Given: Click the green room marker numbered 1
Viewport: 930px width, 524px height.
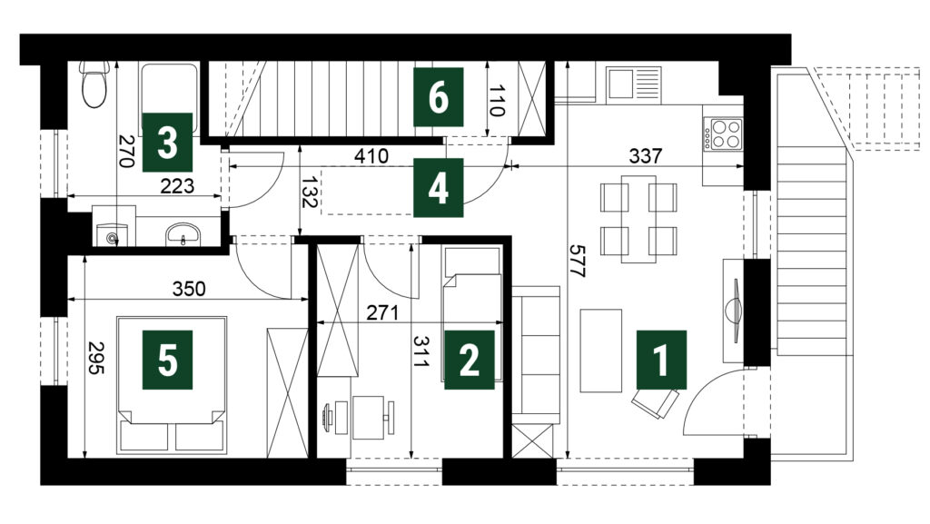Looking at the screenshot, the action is click(x=661, y=360).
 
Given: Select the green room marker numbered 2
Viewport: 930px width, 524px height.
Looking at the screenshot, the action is click(x=470, y=360).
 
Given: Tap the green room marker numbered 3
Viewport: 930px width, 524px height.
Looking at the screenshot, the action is click(x=167, y=143).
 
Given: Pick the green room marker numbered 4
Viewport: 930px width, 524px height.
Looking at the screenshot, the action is click(x=439, y=187).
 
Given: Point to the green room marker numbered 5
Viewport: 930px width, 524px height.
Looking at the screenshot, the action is click(x=167, y=360).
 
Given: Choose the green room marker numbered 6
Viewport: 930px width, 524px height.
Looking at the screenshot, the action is click(x=439, y=97).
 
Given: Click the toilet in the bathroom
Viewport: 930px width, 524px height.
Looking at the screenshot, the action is click(x=94, y=84).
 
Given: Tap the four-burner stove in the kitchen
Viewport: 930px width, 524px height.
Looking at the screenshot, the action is click(x=723, y=134).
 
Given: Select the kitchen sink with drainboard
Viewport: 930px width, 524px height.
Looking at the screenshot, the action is click(x=633, y=83).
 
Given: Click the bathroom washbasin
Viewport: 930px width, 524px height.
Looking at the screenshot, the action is click(x=183, y=233).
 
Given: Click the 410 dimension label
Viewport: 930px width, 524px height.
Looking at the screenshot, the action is click(x=371, y=156).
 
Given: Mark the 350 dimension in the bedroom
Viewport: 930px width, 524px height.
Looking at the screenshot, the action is click(x=189, y=289).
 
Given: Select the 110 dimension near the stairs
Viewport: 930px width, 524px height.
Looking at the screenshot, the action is click(x=497, y=100).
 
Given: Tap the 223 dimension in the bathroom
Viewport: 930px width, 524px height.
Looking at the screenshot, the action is click(x=177, y=186).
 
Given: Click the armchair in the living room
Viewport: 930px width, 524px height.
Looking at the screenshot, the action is click(x=655, y=402).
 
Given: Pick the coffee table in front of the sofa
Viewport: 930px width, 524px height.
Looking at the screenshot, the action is click(x=601, y=351).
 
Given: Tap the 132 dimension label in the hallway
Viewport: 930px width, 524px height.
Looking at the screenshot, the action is click(x=309, y=192).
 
